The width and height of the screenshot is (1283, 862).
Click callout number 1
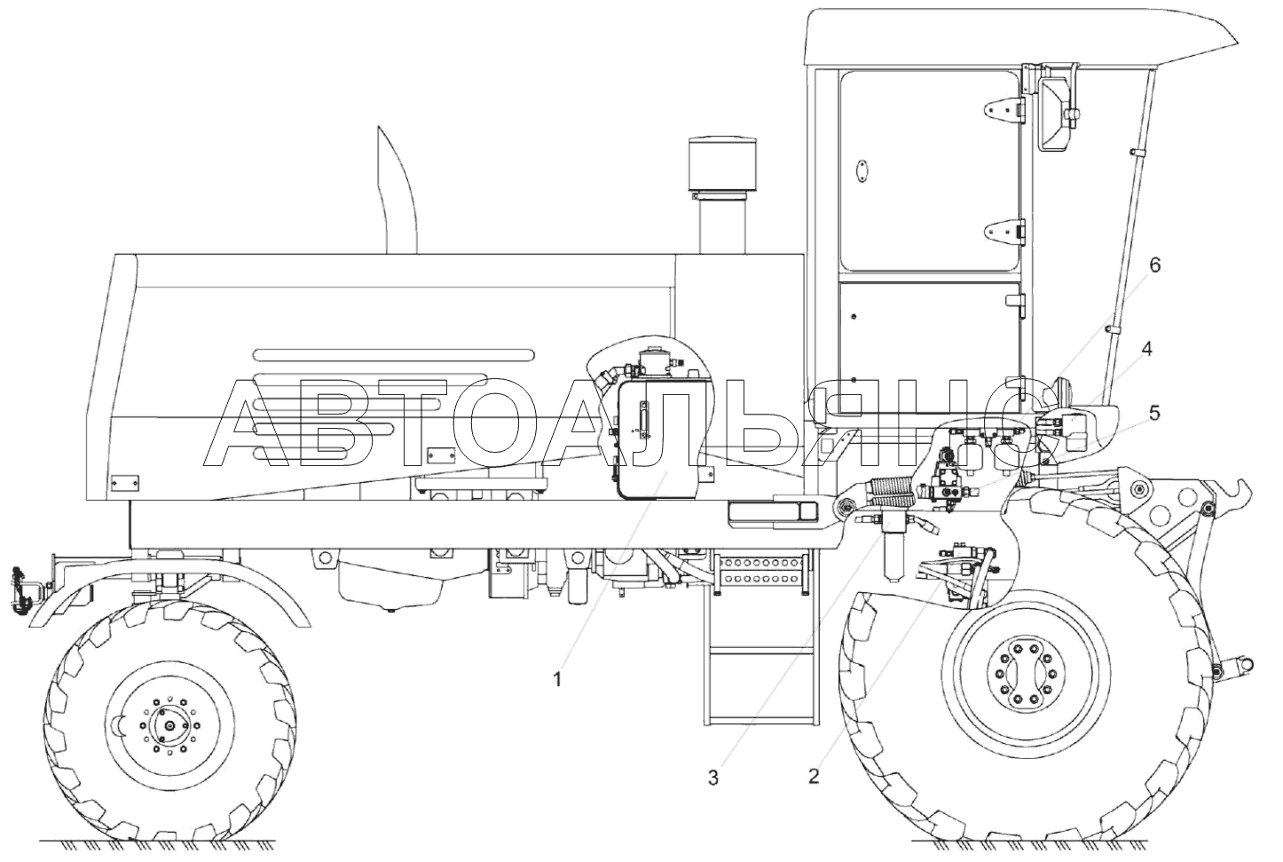click(556, 680)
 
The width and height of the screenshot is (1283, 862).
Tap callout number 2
click(814, 776)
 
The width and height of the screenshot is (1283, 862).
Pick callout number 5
click(1154, 413)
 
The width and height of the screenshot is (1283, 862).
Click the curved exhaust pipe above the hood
click(397, 190)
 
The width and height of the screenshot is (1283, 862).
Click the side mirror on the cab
click(1054, 115)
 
